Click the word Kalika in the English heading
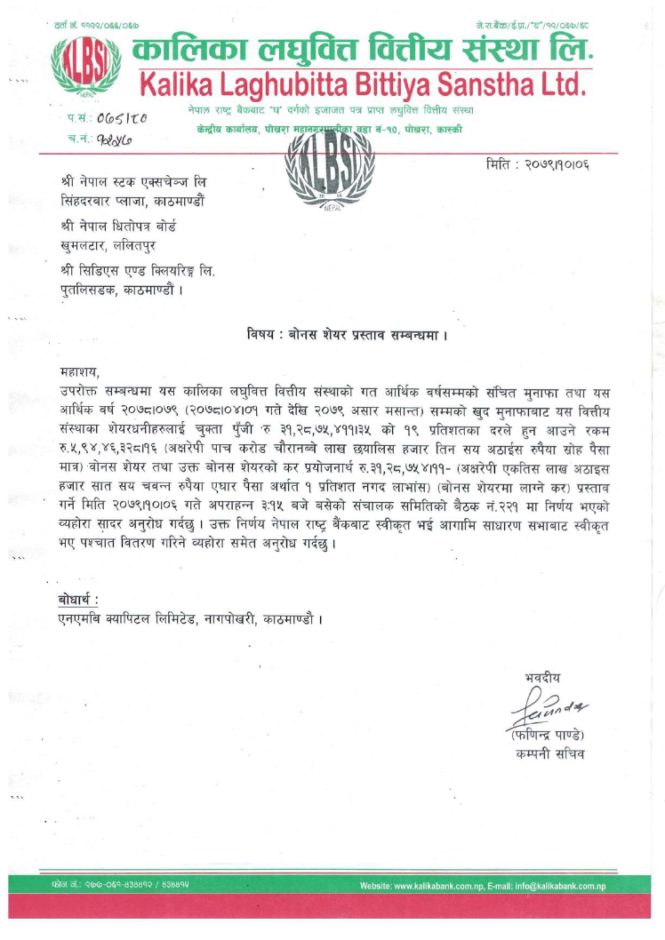pyautogui.click(x=188, y=86)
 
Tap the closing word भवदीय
pyautogui.click(x=543, y=678)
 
